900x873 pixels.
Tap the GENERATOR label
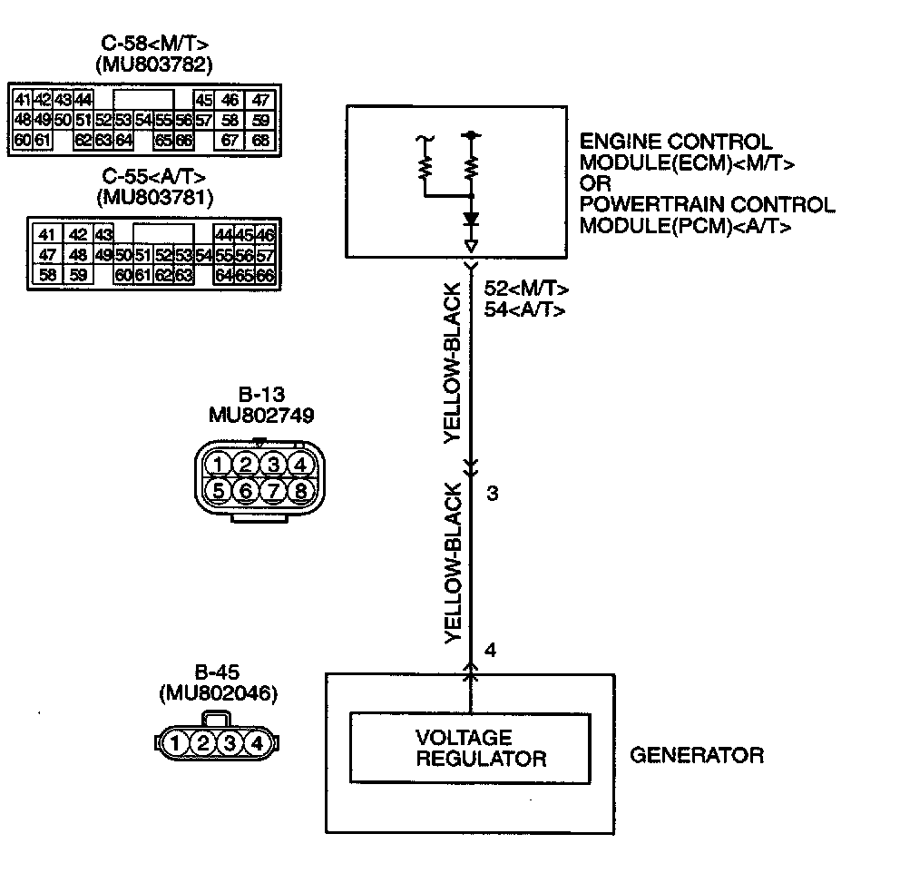click(697, 755)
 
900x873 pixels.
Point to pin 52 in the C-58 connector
click(103, 120)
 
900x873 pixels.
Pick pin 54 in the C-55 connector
click(203, 255)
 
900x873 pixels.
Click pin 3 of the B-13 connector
click(272, 465)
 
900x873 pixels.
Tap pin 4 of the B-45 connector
click(258, 744)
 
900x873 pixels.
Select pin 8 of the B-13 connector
click(300, 491)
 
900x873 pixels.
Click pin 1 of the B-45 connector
click(177, 744)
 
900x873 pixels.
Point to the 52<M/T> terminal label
click(526, 289)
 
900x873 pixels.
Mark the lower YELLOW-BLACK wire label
click(454, 564)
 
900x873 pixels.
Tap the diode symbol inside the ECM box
click(470, 221)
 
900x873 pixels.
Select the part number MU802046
click(218, 693)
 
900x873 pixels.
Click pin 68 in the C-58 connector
click(260, 140)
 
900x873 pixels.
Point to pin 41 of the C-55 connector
click(48, 235)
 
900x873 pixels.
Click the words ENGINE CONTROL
click(676, 142)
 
